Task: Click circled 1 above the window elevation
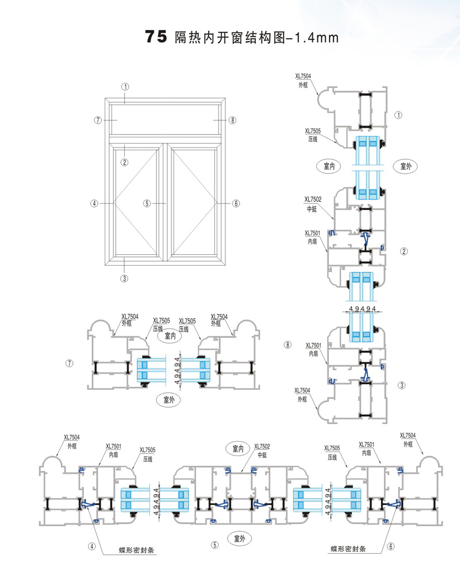(x=125, y=86)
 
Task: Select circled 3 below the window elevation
(x=124, y=278)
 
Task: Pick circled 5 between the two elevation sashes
(x=147, y=203)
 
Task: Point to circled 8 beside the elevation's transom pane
(x=233, y=120)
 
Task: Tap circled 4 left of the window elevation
(x=94, y=203)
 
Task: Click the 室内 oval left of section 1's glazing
(x=329, y=166)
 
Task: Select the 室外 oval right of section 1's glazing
(x=405, y=166)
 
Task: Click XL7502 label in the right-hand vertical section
(x=313, y=200)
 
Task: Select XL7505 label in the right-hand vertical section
(x=313, y=131)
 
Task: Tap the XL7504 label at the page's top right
(x=304, y=75)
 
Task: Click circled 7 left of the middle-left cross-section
(x=70, y=363)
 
